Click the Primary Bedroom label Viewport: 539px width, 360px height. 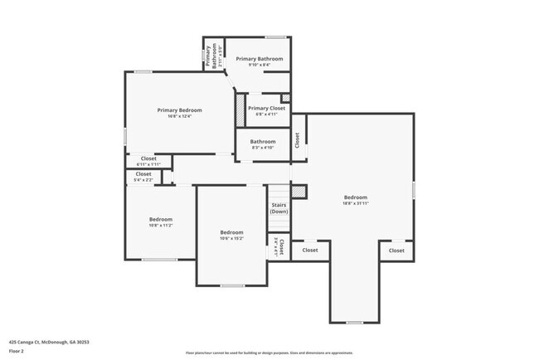pyautogui.click(x=180, y=110)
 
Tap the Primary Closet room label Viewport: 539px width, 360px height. pyautogui.click(x=266, y=109)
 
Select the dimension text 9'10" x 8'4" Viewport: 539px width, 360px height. pyautogui.click(x=259, y=66)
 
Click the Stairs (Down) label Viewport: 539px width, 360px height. pyautogui.click(x=279, y=207)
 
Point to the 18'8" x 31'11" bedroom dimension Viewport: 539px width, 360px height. pyautogui.click(x=354, y=203)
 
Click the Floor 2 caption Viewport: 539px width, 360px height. pyautogui.click(x=17, y=349)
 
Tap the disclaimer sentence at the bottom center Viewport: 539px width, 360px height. pyautogui.click(x=269, y=353)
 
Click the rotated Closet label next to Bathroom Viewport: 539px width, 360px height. pyautogui.click(x=298, y=140)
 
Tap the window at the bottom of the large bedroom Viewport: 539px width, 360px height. pyautogui.click(x=354, y=322)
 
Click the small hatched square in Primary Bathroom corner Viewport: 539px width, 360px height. pyautogui.click(x=286, y=75)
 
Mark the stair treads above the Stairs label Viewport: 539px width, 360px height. pyautogui.click(x=279, y=191)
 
